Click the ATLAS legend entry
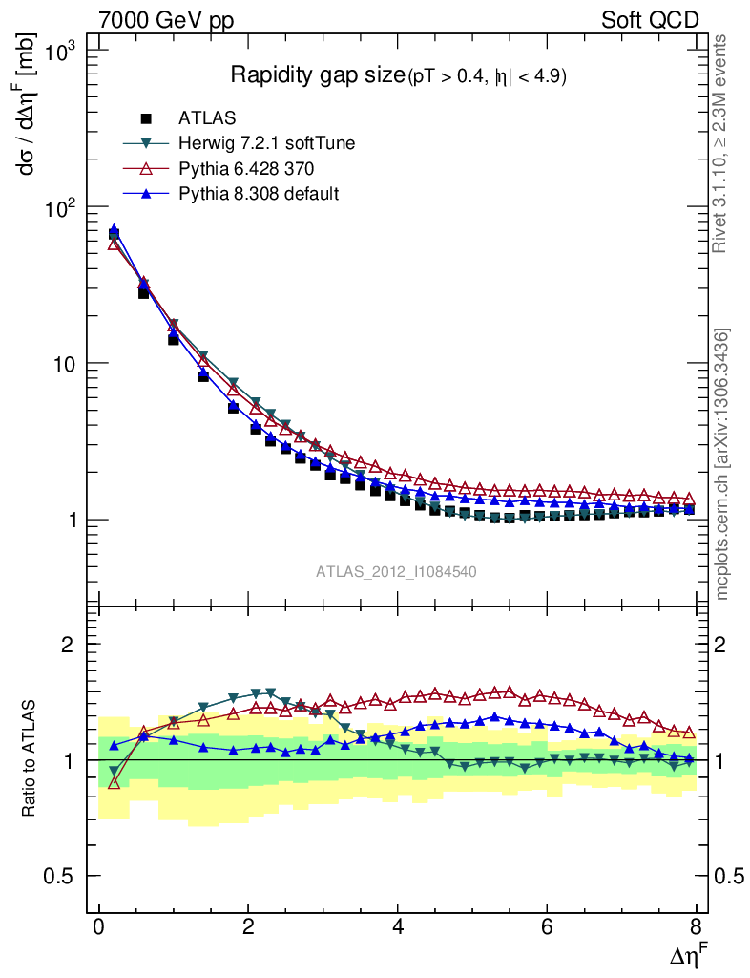coord(207,118)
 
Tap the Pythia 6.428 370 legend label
coord(246,168)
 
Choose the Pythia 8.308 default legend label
coord(259,193)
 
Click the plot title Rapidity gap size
coord(318,76)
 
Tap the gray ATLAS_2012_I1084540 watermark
coord(397,571)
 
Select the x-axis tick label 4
coord(398,927)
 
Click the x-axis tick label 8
coord(696,927)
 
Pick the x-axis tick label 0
coord(99,927)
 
